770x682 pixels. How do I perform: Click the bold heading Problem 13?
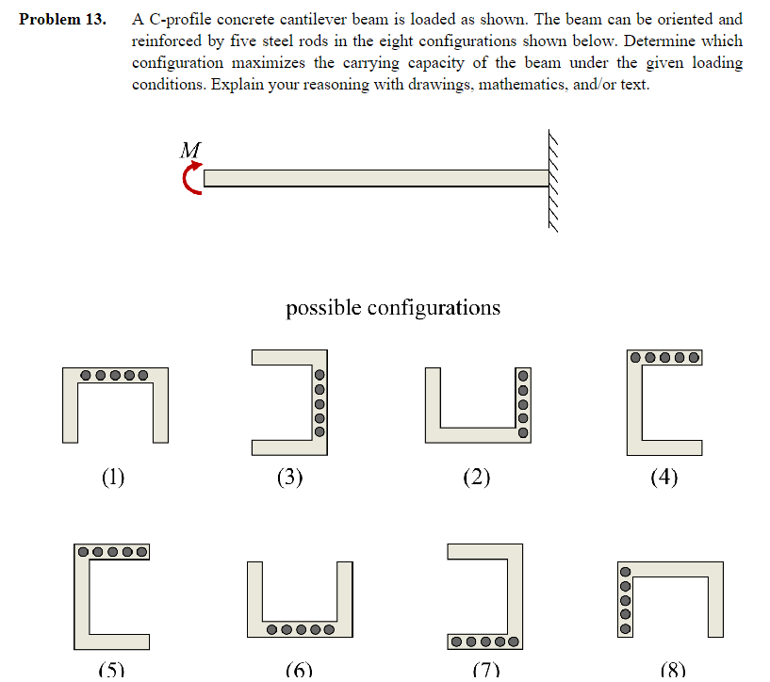[x=61, y=19]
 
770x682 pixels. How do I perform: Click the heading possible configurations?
[x=393, y=308]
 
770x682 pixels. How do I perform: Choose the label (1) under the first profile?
[x=113, y=477]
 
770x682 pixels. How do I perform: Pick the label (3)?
[x=290, y=477]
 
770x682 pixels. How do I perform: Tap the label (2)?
[x=477, y=477]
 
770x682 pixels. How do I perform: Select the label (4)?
[x=664, y=477]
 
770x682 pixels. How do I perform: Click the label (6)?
[x=299, y=670]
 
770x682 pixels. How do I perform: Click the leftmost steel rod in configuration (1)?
[x=87, y=375]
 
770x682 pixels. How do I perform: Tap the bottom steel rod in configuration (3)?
[x=319, y=431]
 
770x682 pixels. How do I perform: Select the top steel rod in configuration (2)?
[x=523, y=374]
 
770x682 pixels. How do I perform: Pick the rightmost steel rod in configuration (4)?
[x=694, y=357]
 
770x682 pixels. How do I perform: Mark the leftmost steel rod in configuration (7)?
[x=456, y=642]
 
